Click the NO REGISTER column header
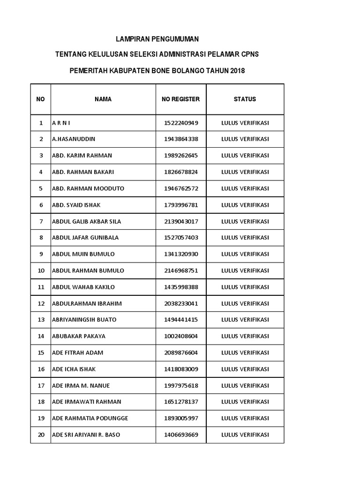[180, 99]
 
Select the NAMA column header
[103, 99]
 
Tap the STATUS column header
[245, 99]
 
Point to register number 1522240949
[181, 123]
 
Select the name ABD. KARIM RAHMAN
[82, 156]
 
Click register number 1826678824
[181, 172]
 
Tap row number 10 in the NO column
[41, 270]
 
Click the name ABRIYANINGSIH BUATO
[84, 320]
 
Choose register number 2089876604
[181, 352]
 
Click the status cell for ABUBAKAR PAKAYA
[245, 336]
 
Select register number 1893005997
[181, 418]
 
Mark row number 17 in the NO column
[41, 385]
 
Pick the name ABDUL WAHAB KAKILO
[83, 287]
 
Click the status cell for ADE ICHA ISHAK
[245, 369]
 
